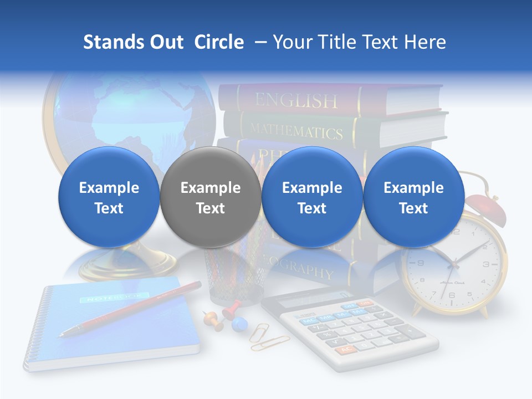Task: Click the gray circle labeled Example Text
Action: pyautogui.click(x=210, y=197)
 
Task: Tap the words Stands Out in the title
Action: pyautogui.click(x=133, y=42)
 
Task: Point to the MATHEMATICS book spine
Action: pyautogui.click(x=296, y=131)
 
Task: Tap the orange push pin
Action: pyautogui.click(x=211, y=319)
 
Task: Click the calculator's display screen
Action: pyautogui.click(x=308, y=299)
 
